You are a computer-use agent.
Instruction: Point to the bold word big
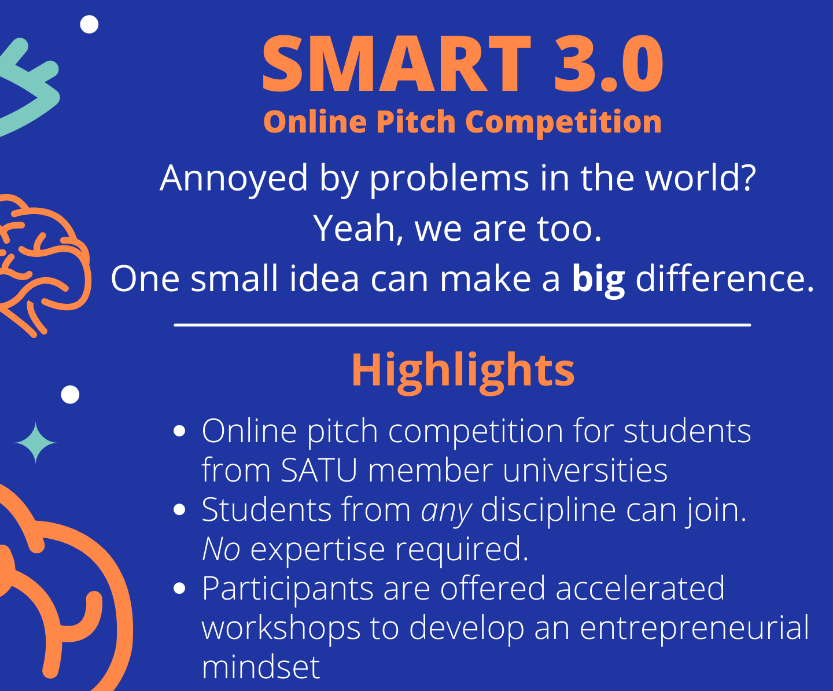pyautogui.click(x=598, y=280)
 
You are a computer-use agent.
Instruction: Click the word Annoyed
pyautogui.click(x=234, y=179)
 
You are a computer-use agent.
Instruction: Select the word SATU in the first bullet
pyautogui.click(x=319, y=471)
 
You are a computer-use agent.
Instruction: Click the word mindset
pyautogui.click(x=261, y=667)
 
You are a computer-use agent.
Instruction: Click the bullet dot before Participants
pyautogui.click(x=180, y=589)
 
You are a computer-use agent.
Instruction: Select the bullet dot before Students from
pyautogui.click(x=180, y=510)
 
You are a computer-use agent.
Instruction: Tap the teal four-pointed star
pyautogui.click(x=35, y=443)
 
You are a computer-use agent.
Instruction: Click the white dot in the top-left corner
pyautogui.click(x=89, y=24)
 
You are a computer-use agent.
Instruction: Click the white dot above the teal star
pyautogui.click(x=70, y=395)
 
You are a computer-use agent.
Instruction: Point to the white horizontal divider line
pyautogui.click(x=462, y=325)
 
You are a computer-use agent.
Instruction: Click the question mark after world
pyautogui.click(x=747, y=178)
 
